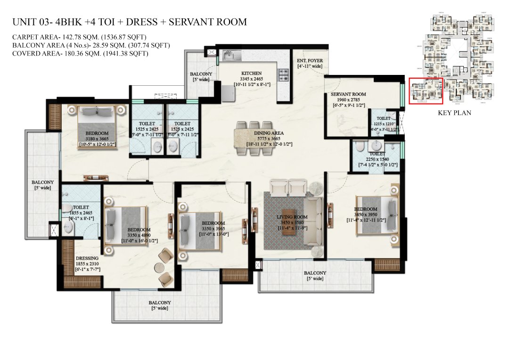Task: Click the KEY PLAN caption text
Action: click(454, 113)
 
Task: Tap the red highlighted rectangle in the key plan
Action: click(426, 91)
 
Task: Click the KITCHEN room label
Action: click(251, 74)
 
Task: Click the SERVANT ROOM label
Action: click(348, 94)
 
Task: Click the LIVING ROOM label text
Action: click(292, 217)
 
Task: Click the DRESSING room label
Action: click(87, 258)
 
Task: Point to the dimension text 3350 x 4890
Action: click(139, 235)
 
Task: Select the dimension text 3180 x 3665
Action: click(97, 139)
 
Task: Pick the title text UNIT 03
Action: click(28, 22)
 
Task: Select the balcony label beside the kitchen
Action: click(201, 74)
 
